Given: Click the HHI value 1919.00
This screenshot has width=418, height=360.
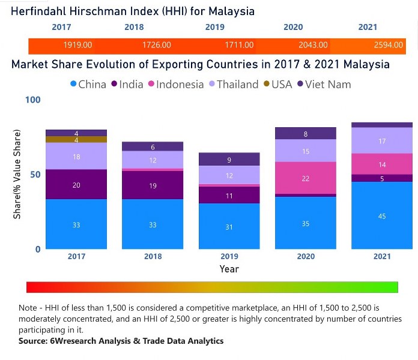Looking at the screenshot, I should [x=77, y=45].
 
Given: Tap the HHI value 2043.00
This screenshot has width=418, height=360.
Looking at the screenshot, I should [x=313, y=45].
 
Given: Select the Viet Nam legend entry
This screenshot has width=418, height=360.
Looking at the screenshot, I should [x=323, y=84].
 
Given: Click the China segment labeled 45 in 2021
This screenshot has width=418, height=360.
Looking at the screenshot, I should [x=382, y=215].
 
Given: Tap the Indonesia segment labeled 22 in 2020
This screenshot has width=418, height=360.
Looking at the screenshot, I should [x=306, y=178].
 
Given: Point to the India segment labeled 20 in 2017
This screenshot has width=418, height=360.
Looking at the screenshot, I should [x=76, y=185].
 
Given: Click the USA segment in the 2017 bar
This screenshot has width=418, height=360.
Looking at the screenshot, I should [x=76, y=140].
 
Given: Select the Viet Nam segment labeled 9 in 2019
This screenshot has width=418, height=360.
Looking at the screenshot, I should [x=229, y=160].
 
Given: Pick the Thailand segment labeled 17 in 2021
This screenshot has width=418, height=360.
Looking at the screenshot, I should [x=382, y=141].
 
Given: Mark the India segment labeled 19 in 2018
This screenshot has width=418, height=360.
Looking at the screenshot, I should [x=153, y=185].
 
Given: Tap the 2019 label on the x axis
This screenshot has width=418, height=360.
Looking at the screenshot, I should [x=229, y=256].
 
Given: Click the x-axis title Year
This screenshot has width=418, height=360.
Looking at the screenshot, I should [x=229, y=269].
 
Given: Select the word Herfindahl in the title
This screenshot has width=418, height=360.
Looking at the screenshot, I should [x=42, y=11].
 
